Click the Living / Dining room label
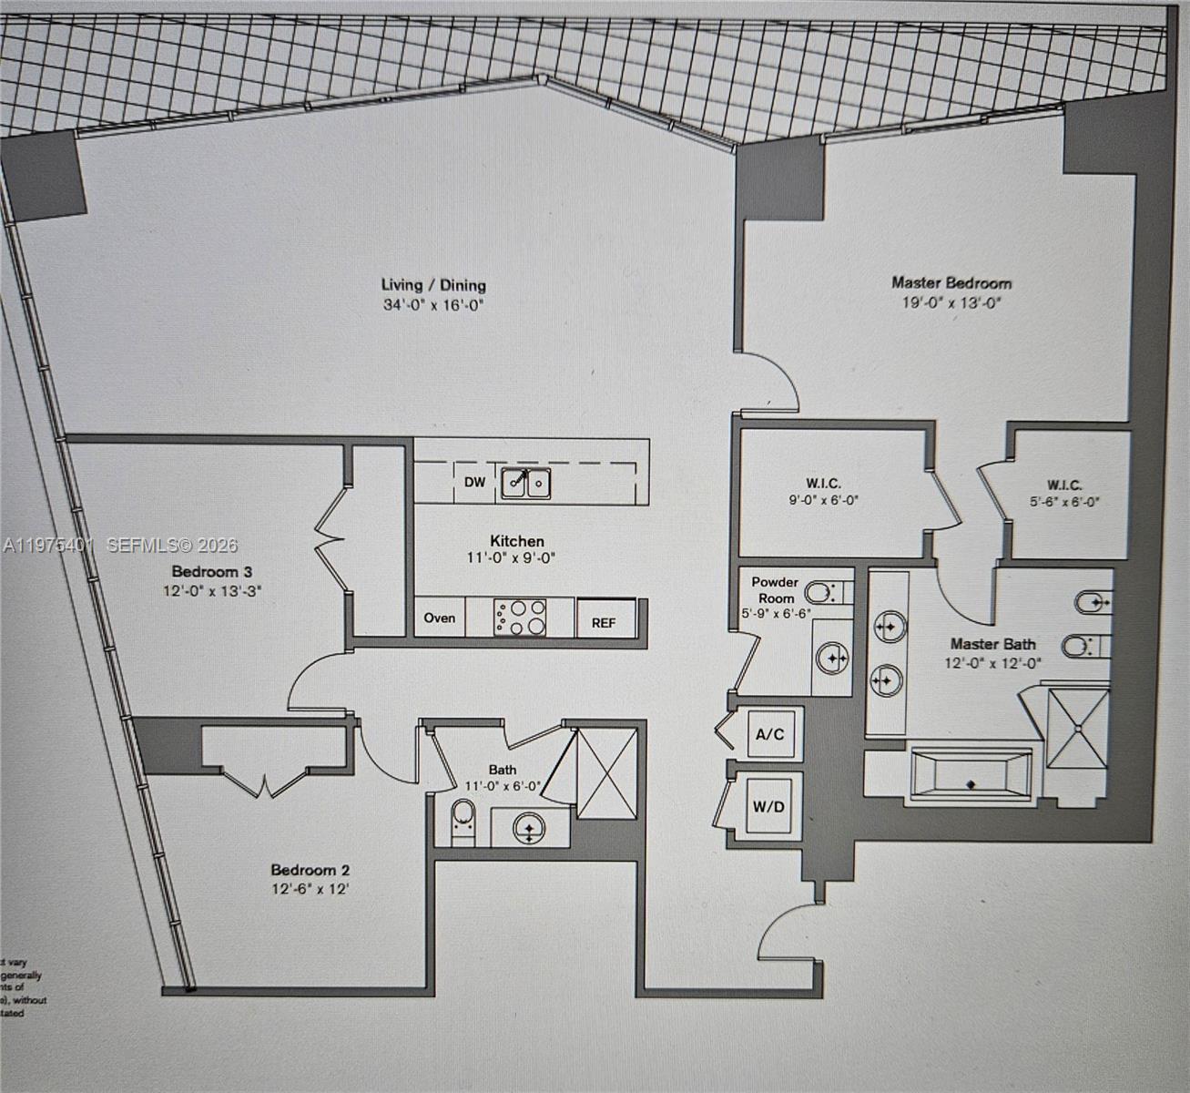[433, 285]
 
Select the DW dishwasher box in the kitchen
[474, 482]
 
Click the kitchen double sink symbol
[525, 483]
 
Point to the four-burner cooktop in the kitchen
[520, 618]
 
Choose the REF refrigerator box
[603, 621]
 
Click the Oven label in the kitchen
[440, 618]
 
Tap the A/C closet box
[769, 733]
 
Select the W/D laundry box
[768, 805]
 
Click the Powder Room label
[775, 590]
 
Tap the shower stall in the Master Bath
[1079, 729]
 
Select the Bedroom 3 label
[212, 572]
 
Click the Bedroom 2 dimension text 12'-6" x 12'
[310, 889]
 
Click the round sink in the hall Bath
[527, 827]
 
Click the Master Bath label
[992, 644]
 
